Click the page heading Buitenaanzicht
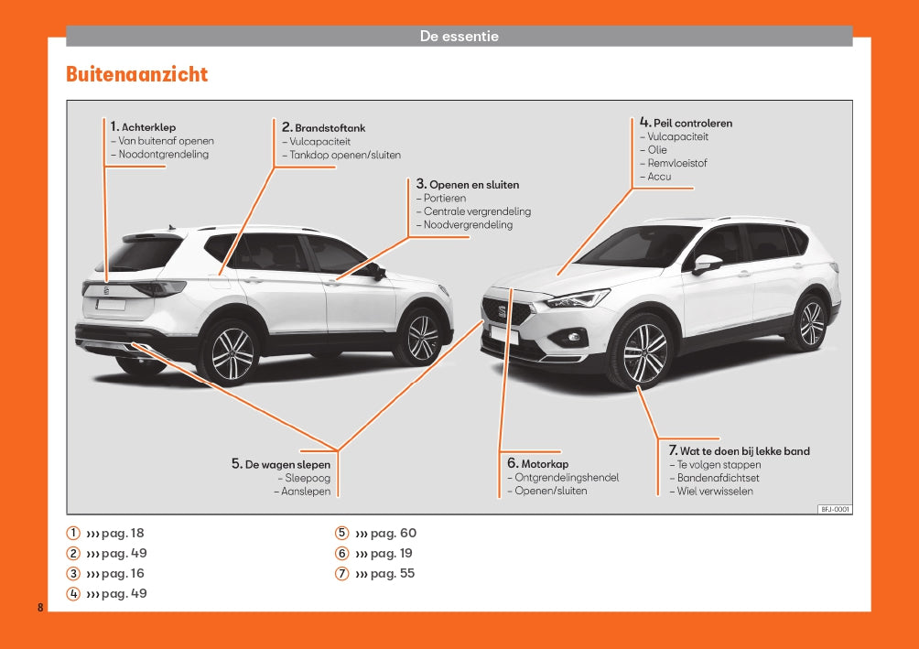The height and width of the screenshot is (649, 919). coord(136,74)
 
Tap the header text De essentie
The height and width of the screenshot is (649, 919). coord(459,37)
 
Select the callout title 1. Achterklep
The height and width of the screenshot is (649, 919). coord(143,127)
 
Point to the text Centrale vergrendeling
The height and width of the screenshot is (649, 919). coord(476,211)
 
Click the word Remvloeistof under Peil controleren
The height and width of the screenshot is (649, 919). coord(676,163)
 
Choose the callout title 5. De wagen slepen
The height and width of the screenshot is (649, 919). coord(281,464)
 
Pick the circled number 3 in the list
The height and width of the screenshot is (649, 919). coord(72,574)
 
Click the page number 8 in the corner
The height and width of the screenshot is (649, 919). coord(40,608)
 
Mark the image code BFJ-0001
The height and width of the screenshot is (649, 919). coord(834,509)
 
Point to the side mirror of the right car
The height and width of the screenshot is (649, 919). coord(706,264)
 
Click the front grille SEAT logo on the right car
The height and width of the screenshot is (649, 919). coord(502,311)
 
